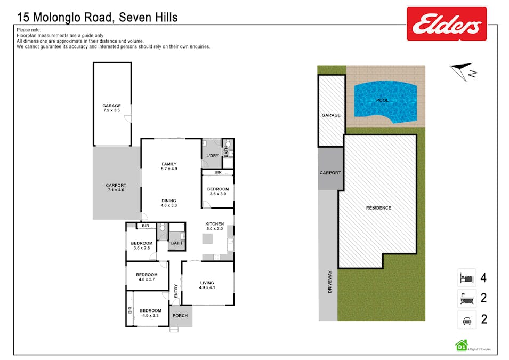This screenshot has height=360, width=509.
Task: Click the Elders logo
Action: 447,23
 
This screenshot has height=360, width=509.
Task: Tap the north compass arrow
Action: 460,70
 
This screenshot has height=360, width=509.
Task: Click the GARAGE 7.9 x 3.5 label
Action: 112,108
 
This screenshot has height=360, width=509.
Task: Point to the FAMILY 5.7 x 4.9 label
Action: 169,166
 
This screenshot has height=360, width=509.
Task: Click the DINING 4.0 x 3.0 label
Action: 169,203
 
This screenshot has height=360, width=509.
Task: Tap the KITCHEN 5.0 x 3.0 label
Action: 215,226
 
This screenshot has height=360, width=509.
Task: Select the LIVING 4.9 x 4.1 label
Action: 207,285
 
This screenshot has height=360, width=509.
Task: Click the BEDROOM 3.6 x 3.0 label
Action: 217,191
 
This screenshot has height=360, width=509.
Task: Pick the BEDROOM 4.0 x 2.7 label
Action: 147,277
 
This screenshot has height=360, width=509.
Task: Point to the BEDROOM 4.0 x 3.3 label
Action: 150,313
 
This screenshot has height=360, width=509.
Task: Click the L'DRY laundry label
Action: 212,156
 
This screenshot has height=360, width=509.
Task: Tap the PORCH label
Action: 180,316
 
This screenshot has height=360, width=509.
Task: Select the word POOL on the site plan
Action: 382,100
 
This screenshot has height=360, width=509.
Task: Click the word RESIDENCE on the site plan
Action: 378,208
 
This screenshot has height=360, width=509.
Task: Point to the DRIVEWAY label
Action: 330,282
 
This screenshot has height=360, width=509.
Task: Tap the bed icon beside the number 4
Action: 466,278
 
